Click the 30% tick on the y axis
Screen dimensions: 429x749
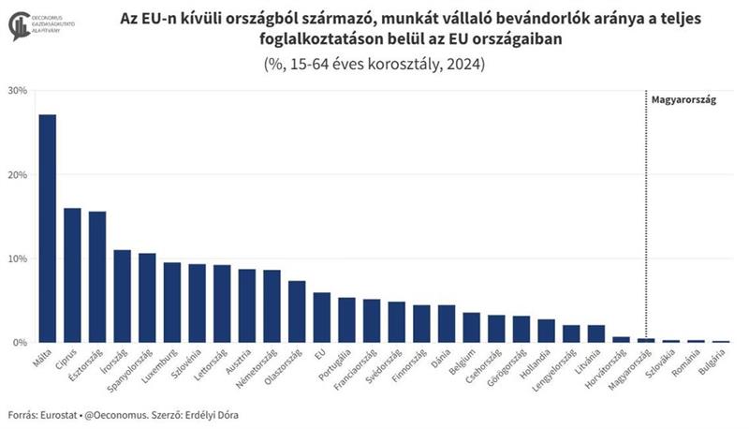click(17, 91)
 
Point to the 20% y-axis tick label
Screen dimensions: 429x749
click(17, 175)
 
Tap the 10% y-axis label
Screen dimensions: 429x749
click(17, 259)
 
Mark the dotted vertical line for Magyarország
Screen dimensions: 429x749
click(646, 215)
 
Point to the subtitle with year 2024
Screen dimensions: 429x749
click(374, 65)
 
